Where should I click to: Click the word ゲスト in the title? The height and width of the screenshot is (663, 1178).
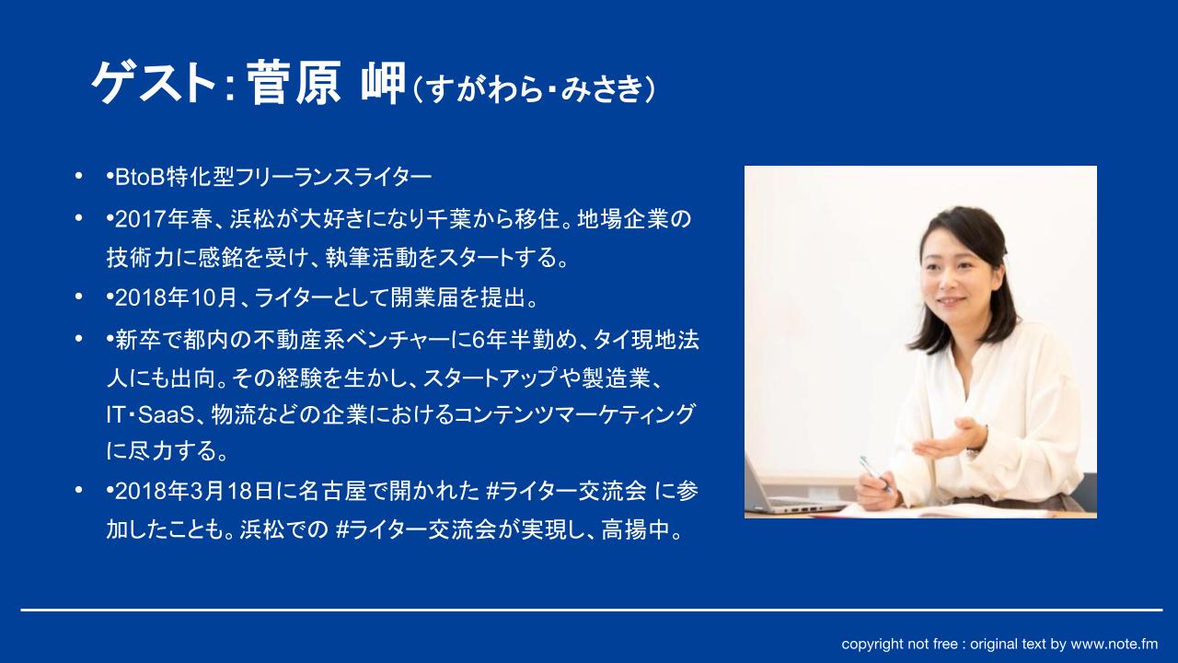point(154,83)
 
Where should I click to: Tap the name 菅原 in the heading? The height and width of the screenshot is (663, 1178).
point(294,83)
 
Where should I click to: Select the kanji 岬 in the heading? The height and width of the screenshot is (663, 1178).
point(384,83)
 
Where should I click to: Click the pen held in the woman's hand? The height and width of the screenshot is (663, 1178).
point(874,473)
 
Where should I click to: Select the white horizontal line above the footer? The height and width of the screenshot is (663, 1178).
point(592,611)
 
